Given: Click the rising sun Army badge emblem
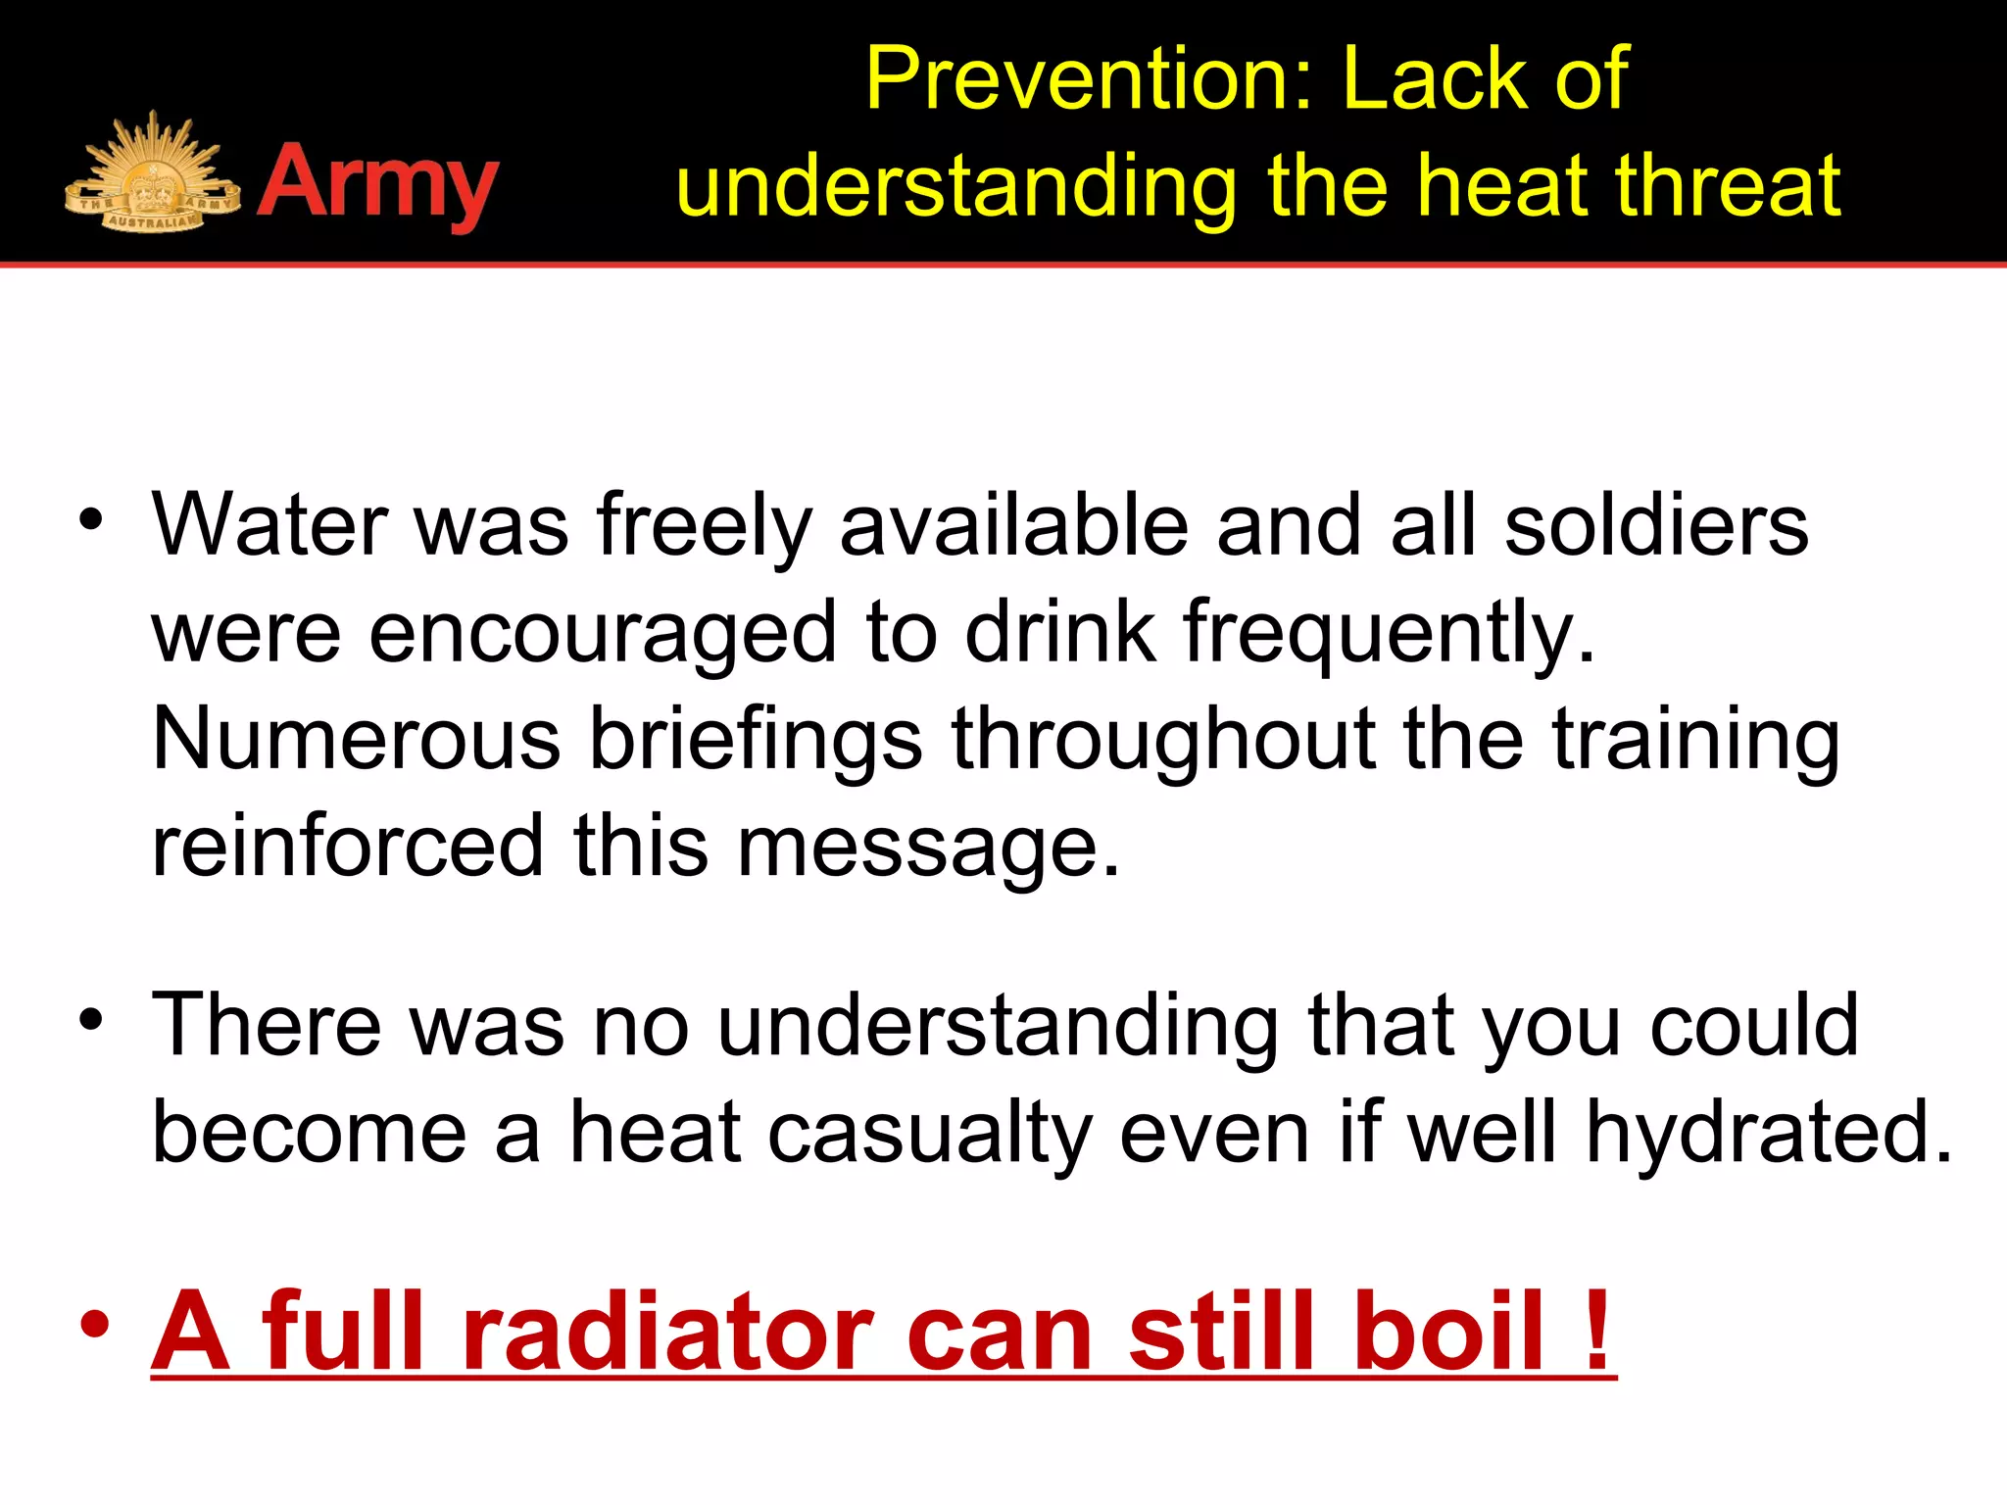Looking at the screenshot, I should [x=152, y=176].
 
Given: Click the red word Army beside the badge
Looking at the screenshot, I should [x=378, y=184].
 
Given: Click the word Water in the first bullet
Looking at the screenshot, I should [x=269, y=526].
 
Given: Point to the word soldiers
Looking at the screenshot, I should [x=1656, y=526].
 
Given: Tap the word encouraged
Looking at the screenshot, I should [x=603, y=635].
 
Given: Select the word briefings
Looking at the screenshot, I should [x=755, y=742].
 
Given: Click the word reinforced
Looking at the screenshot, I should [x=348, y=847].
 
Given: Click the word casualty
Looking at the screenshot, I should [x=930, y=1134].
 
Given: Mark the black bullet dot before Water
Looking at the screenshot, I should [x=91, y=520].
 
